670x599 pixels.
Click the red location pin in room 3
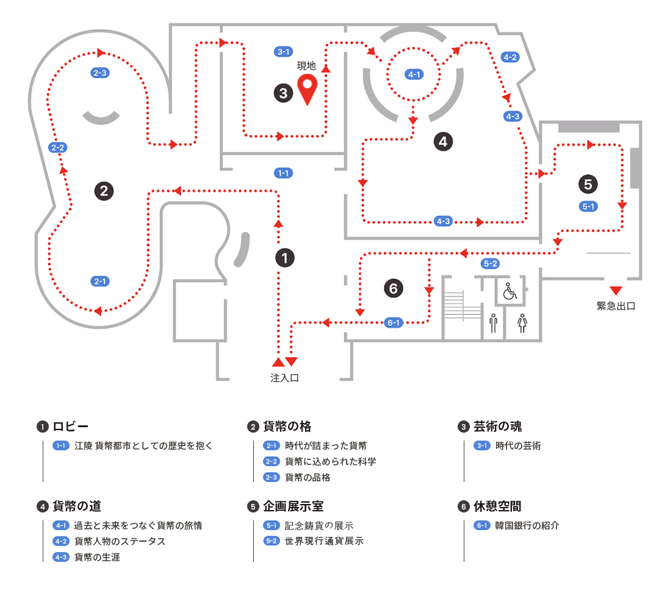(x=306, y=89)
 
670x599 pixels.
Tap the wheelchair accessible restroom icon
(x=509, y=291)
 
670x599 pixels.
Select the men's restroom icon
(x=493, y=323)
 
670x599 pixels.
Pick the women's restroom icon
(x=522, y=323)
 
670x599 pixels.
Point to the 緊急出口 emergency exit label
(x=616, y=306)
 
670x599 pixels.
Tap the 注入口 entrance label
(x=284, y=378)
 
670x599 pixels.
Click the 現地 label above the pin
(x=306, y=66)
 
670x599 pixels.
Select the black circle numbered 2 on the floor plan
(x=104, y=190)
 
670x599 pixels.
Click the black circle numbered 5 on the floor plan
(x=588, y=183)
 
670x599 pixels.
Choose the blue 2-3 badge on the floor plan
(x=100, y=73)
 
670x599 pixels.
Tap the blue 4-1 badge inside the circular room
(x=414, y=74)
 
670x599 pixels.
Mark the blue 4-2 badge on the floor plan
(x=510, y=57)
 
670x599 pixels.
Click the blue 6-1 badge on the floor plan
(x=394, y=322)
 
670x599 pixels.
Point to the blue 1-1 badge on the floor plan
(x=283, y=173)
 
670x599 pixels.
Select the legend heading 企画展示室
(x=293, y=506)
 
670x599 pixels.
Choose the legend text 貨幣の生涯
(x=97, y=557)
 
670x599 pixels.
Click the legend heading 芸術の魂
(x=497, y=427)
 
